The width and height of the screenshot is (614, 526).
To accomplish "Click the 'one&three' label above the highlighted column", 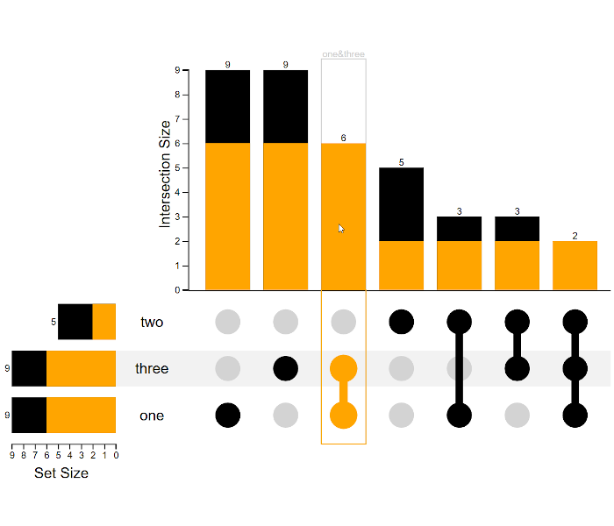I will [x=343, y=54].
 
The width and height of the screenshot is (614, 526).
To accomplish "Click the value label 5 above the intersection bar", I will [x=401, y=162].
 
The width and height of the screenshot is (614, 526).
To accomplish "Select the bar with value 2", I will [x=575, y=265].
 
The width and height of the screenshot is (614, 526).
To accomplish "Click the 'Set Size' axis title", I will [x=61, y=473].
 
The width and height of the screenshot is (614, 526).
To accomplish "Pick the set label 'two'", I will [x=152, y=322].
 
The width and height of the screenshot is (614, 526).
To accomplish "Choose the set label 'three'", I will [x=152, y=368].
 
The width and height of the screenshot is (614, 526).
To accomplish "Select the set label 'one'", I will [x=152, y=416].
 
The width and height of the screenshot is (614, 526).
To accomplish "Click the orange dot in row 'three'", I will [x=343, y=368].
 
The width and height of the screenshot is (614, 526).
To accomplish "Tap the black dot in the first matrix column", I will [x=227, y=415].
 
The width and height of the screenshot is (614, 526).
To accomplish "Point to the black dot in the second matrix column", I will [x=285, y=368].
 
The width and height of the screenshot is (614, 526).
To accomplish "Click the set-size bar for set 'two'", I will [x=86, y=322].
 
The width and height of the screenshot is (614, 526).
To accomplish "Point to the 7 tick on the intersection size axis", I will [x=177, y=118].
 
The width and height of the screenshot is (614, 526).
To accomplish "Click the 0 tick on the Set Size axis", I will [x=115, y=455].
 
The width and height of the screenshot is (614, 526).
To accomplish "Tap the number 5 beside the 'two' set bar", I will [x=54, y=322].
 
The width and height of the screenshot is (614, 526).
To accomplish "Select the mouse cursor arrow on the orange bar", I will [x=341, y=228].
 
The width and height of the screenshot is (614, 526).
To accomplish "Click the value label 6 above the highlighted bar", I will [x=343, y=138].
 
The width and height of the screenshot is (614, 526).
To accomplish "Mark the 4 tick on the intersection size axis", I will [x=177, y=192].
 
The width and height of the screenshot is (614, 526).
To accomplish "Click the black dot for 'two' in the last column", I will [x=575, y=322].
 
